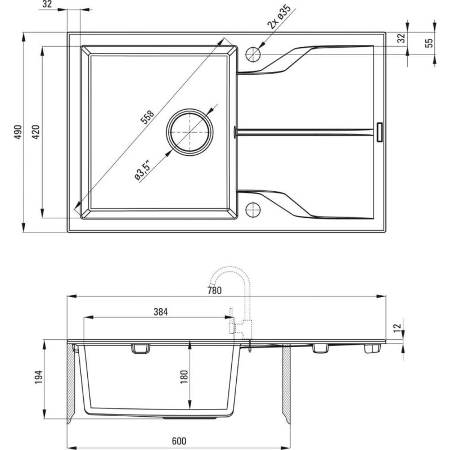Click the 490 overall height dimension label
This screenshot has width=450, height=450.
(x=18, y=132)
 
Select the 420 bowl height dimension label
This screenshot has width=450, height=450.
(x=35, y=132)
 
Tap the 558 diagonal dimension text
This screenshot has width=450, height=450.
(x=147, y=117)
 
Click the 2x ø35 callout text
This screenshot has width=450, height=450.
(x=279, y=17)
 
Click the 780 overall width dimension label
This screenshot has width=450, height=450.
(x=214, y=290)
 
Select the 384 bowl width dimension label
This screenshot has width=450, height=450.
(x=161, y=312)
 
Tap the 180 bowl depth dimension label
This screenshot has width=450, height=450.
(x=184, y=377)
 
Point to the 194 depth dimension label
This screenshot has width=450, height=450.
(x=38, y=377)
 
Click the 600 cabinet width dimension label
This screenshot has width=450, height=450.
(x=179, y=440)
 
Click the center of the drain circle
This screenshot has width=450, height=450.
(x=190, y=132)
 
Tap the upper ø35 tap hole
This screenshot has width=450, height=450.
(x=253, y=53)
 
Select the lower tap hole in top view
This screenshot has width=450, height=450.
(x=253, y=209)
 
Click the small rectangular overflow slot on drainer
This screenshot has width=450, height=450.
(x=379, y=132)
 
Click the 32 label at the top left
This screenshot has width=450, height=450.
(x=47, y=4)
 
